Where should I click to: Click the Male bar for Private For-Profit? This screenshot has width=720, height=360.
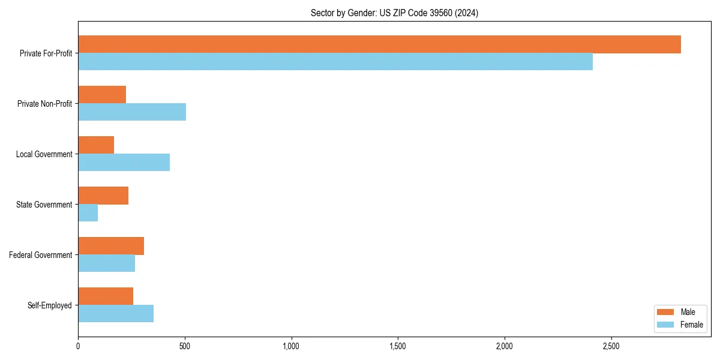(379, 44)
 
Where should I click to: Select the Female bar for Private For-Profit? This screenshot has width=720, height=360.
(335, 62)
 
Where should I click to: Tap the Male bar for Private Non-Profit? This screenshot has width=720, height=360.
(102, 95)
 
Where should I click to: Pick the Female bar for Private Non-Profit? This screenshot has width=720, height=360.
(132, 112)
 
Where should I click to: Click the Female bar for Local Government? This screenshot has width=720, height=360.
(124, 163)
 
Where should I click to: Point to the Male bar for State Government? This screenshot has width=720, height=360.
(103, 196)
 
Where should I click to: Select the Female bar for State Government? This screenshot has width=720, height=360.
(88, 213)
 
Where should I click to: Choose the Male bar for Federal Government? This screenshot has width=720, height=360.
(111, 246)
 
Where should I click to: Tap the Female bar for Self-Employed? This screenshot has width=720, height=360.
(116, 314)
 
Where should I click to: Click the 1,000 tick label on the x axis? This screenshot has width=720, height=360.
(291, 346)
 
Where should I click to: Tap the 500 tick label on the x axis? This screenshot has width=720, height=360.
(185, 346)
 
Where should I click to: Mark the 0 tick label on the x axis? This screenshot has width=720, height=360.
(78, 346)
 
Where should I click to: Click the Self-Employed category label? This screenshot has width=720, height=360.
(50, 305)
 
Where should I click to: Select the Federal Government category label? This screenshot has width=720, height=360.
(41, 255)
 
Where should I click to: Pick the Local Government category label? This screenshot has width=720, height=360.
(44, 154)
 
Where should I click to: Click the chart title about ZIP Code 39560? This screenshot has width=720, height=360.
(394, 13)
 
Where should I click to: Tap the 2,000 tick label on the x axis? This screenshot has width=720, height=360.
(505, 346)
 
